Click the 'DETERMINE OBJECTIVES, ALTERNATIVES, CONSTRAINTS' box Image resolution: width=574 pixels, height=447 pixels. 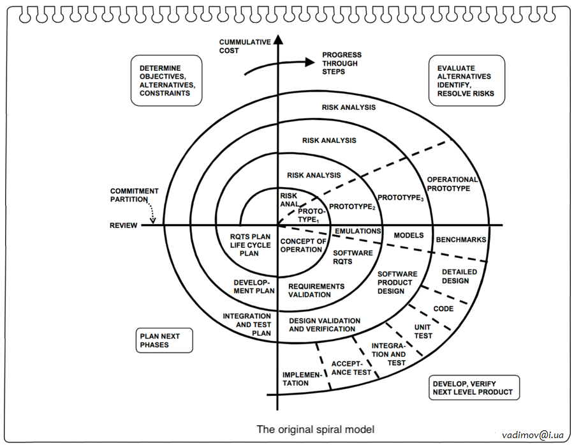[x=166, y=80]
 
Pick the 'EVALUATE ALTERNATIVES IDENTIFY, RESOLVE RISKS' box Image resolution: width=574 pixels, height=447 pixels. [x=466, y=80]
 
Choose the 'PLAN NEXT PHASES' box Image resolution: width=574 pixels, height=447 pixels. [x=165, y=341]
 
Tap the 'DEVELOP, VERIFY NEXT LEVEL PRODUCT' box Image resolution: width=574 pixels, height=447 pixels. [x=473, y=388]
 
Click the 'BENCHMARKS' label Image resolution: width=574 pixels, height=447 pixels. [x=461, y=240]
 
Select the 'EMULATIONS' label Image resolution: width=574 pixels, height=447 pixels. [x=358, y=231]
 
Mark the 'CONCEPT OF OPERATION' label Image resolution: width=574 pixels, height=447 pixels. [x=303, y=245]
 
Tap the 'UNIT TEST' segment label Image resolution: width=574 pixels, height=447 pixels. [x=423, y=331]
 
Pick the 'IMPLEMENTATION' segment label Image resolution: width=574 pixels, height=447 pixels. [x=295, y=379]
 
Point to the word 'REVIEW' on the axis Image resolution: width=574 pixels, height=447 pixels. [x=123, y=225]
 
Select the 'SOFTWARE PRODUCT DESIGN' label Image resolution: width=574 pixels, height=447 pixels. [x=397, y=282]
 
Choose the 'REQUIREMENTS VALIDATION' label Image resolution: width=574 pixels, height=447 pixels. [x=316, y=291]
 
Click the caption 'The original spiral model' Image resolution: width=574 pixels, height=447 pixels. [x=316, y=429]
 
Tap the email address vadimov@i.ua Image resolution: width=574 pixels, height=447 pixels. [x=533, y=434]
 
